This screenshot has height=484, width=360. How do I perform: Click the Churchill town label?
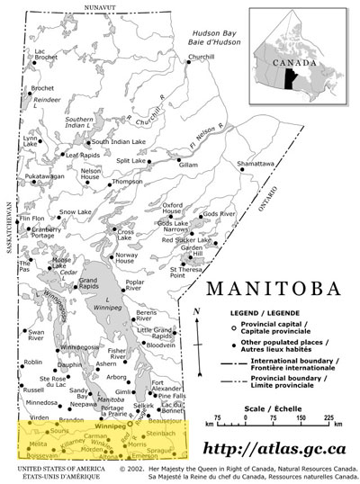[x=202, y=57]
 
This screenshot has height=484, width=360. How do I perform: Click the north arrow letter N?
[x=196, y=311]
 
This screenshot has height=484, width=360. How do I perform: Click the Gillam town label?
[x=188, y=165]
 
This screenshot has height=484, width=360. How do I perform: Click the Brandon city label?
[x=71, y=419]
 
